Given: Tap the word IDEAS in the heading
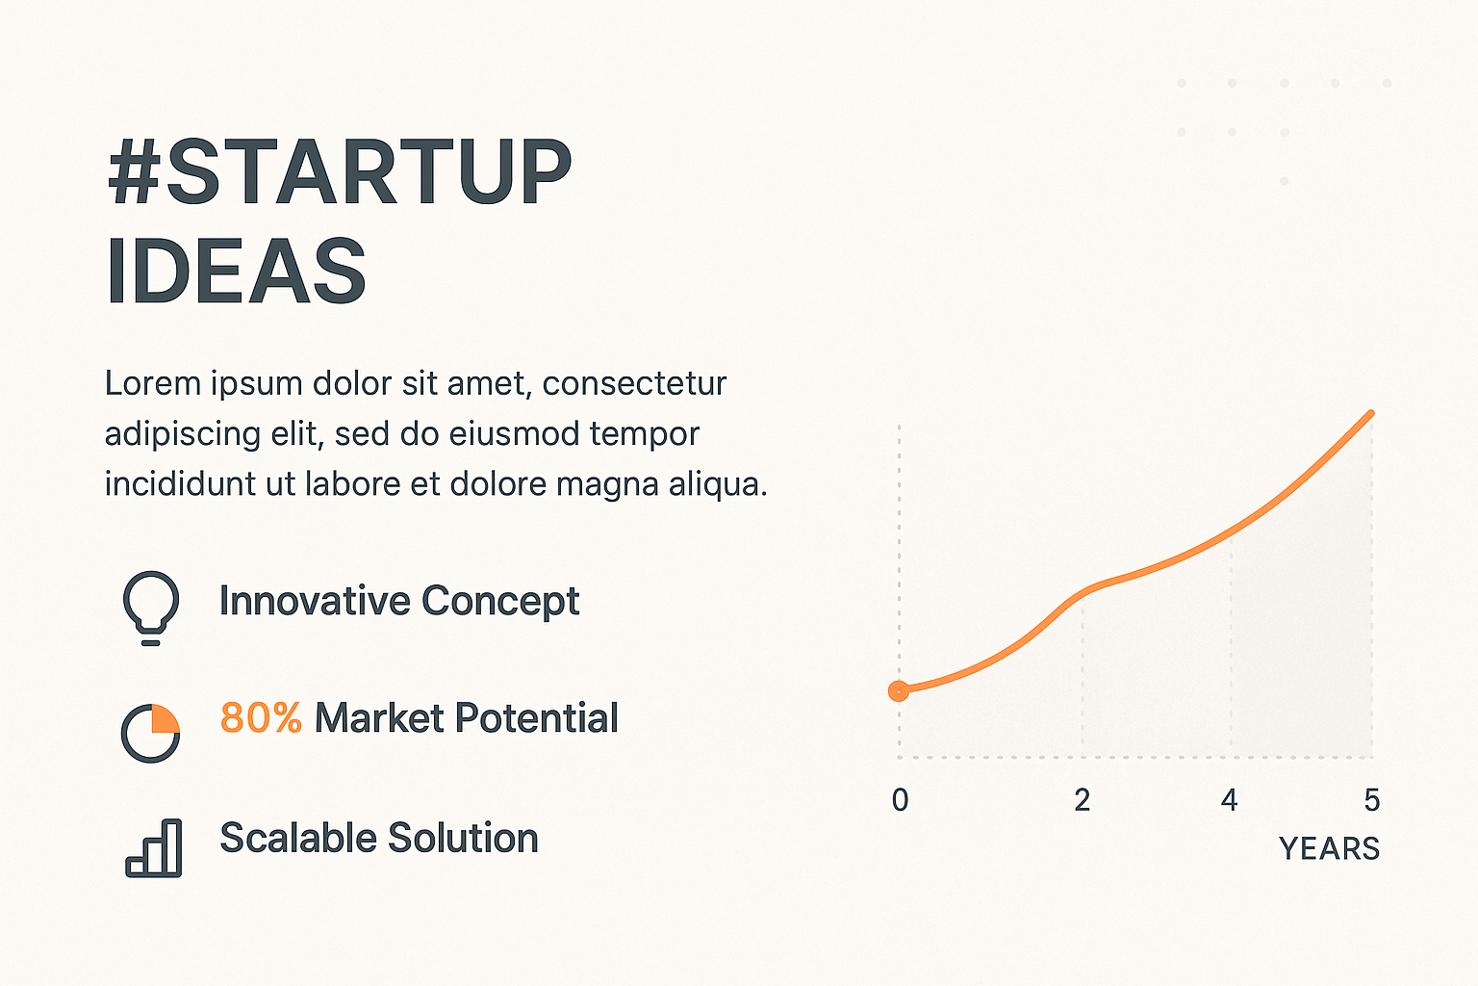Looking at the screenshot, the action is pos(236,272).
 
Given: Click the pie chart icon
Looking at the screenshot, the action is pos(150,733).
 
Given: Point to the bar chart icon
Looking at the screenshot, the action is pos(154,848).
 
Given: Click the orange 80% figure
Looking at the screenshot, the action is pos(261,718).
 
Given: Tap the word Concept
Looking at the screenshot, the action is pos(500,602).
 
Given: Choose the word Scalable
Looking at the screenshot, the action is pos(298,838).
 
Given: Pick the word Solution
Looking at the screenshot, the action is pos(463,838).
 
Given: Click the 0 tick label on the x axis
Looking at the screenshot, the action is pos(900,800).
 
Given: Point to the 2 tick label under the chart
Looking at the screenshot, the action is pos(1083,800).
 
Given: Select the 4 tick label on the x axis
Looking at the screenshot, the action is pos(1229,800).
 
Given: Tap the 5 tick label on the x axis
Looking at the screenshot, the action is pos(1372,800).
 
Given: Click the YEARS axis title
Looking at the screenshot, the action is pos(1330,848).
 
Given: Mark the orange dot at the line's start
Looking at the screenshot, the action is pos(898,691).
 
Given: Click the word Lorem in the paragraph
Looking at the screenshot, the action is pos(153,383).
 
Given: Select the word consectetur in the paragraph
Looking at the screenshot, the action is pos(635,383).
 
